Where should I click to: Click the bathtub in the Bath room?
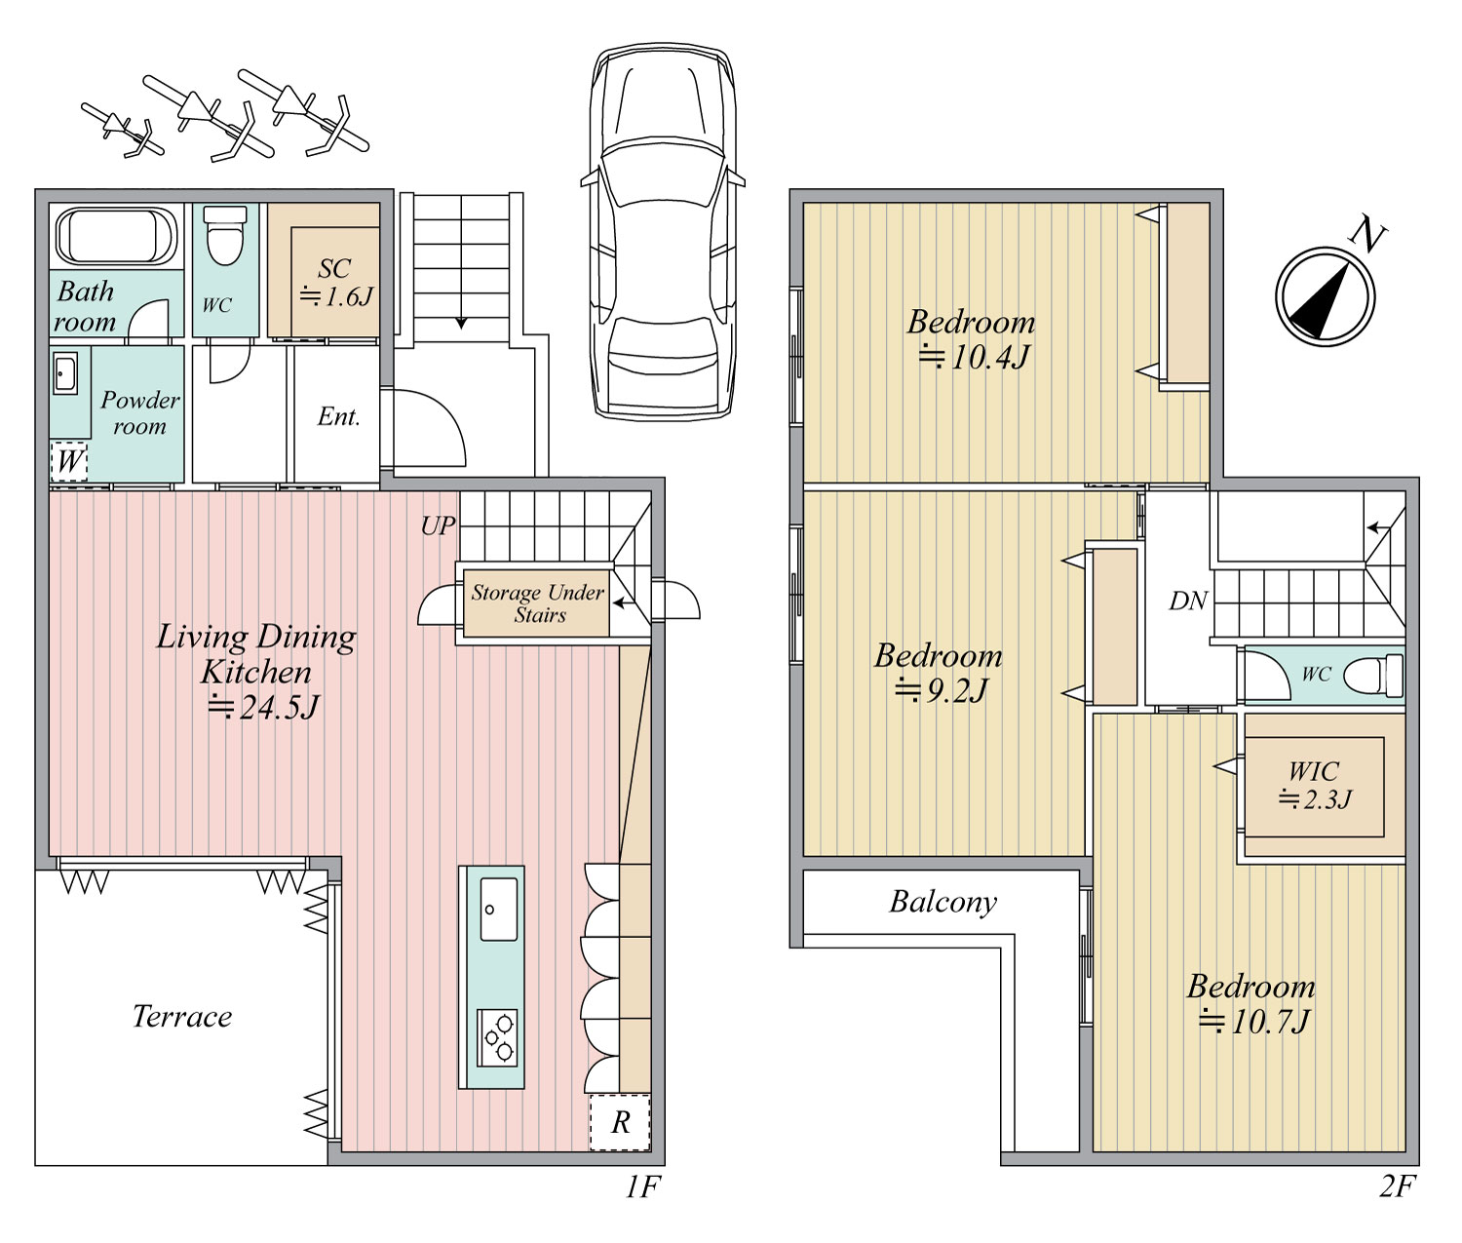116,236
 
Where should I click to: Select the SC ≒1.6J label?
335,283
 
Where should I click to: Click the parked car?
663,231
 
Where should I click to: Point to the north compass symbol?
1325,296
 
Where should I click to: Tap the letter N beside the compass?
1367,236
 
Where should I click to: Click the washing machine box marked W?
68,462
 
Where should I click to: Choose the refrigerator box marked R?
620,1122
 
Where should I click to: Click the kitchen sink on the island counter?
499,909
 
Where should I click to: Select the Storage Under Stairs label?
538,603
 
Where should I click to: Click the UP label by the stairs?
438,525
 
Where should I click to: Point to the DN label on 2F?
1188,601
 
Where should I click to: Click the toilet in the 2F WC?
1373,676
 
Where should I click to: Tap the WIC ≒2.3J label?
1314,785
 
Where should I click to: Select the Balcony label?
943,903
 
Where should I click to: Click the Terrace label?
182,1017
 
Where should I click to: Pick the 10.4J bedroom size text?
975,357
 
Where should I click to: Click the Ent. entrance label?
339,416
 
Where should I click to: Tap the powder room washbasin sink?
65,373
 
